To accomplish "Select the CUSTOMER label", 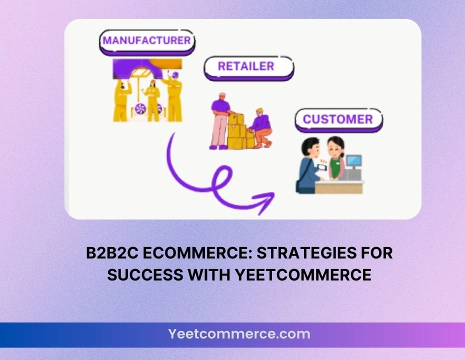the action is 338,120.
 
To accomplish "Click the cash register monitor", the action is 354,161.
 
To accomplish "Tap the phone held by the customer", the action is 322,167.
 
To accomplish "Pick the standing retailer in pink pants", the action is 220,121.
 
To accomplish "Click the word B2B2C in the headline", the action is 112,253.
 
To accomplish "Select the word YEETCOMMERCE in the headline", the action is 303,274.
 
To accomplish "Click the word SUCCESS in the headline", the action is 145,274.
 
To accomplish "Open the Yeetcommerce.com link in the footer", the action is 239,334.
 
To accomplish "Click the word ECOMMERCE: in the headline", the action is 197,253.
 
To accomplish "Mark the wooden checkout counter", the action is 339,187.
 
